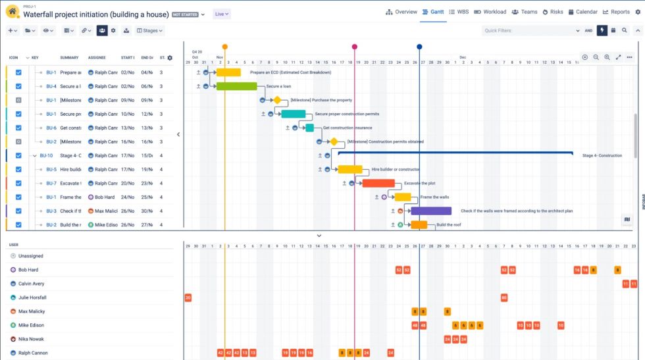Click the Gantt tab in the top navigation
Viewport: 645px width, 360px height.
(x=434, y=12)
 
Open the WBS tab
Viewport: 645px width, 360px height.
(x=459, y=12)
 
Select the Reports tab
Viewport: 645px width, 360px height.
(x=616, y=12)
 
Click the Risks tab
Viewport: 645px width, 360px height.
(x=553, y=12)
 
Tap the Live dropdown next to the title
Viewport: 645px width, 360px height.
(x=222, y=14)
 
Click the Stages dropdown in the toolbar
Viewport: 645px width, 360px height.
(x=150, y=30)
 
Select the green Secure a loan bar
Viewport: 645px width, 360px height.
(x=236, y=86)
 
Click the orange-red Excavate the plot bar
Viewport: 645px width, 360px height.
(x=378, y=184)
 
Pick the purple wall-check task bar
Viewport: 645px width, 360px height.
(x=431, y=211)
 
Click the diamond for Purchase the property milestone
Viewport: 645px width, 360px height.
(x=277, y=100)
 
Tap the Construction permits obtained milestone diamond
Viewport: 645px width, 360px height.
(x=334, y=141)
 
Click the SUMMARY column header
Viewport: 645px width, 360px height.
(x=69, y=58)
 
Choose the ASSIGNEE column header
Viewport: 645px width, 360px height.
(x=97, y=58)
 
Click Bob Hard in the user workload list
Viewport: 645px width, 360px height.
(x=28, y=270)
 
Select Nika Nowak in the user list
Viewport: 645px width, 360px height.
(x=31, y=339)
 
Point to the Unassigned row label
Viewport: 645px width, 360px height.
(x=30, y=256)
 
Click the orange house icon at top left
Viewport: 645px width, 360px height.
(x=13, y=12)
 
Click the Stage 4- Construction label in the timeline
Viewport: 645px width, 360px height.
(x=602, y=156)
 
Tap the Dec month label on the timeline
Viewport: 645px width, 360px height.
(x=463, y=57)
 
